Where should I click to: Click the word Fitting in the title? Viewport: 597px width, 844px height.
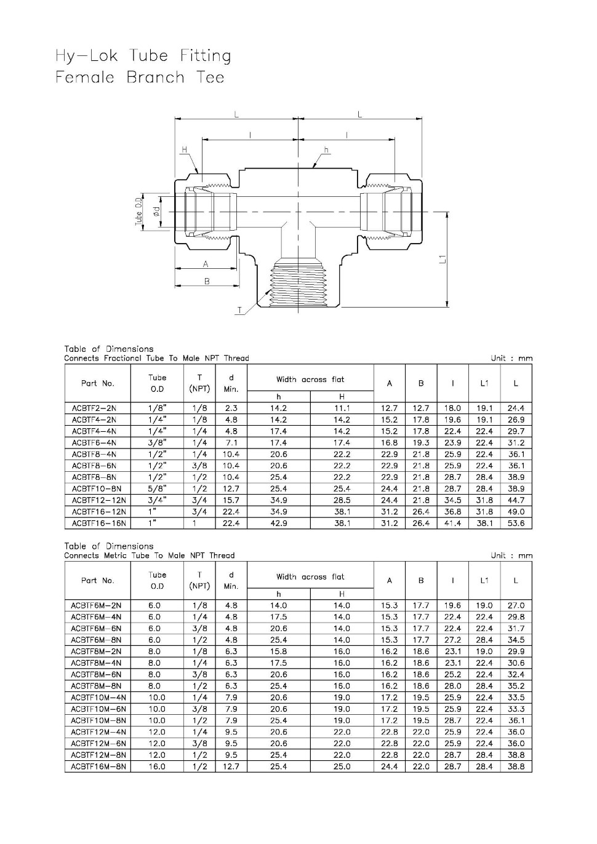205,56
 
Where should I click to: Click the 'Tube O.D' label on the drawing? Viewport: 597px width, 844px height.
139,211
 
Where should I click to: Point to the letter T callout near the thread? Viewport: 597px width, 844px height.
239,311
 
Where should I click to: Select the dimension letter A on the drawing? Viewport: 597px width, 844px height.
206,264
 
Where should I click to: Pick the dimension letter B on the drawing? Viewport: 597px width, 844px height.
207,281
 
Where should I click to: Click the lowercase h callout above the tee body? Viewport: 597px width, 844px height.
326,150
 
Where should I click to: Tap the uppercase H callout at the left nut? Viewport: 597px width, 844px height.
184,149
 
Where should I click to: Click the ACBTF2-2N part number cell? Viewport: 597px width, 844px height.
94,408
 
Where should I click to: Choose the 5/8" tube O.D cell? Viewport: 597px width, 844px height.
157,489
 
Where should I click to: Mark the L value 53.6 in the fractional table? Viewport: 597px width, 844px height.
516,524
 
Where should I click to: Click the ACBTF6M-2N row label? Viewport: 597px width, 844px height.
96,605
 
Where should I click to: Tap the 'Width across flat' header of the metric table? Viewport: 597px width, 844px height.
310,577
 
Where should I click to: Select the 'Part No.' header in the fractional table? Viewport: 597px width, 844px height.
97,383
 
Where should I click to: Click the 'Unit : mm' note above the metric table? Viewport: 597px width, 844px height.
511,555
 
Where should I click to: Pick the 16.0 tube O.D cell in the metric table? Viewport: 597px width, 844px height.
157,766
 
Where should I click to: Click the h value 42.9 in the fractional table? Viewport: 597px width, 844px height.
278,524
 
